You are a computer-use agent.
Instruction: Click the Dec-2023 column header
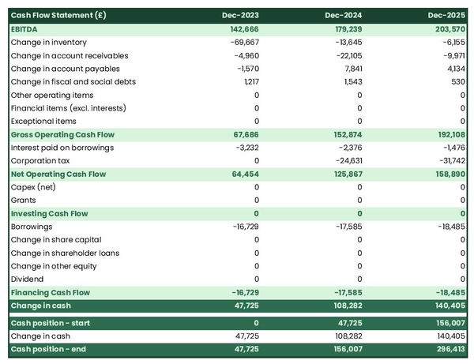(241, 16)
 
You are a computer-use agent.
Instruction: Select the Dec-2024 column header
(344, 16)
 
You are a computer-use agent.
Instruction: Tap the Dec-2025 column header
(447, 16)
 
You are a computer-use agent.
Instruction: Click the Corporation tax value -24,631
(345, 160)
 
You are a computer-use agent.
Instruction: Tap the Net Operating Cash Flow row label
(58, 174)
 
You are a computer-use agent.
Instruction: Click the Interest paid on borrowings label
(62, 148)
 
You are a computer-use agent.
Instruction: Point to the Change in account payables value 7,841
(349, 68)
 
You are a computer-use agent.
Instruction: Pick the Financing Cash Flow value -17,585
(345, 292)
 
